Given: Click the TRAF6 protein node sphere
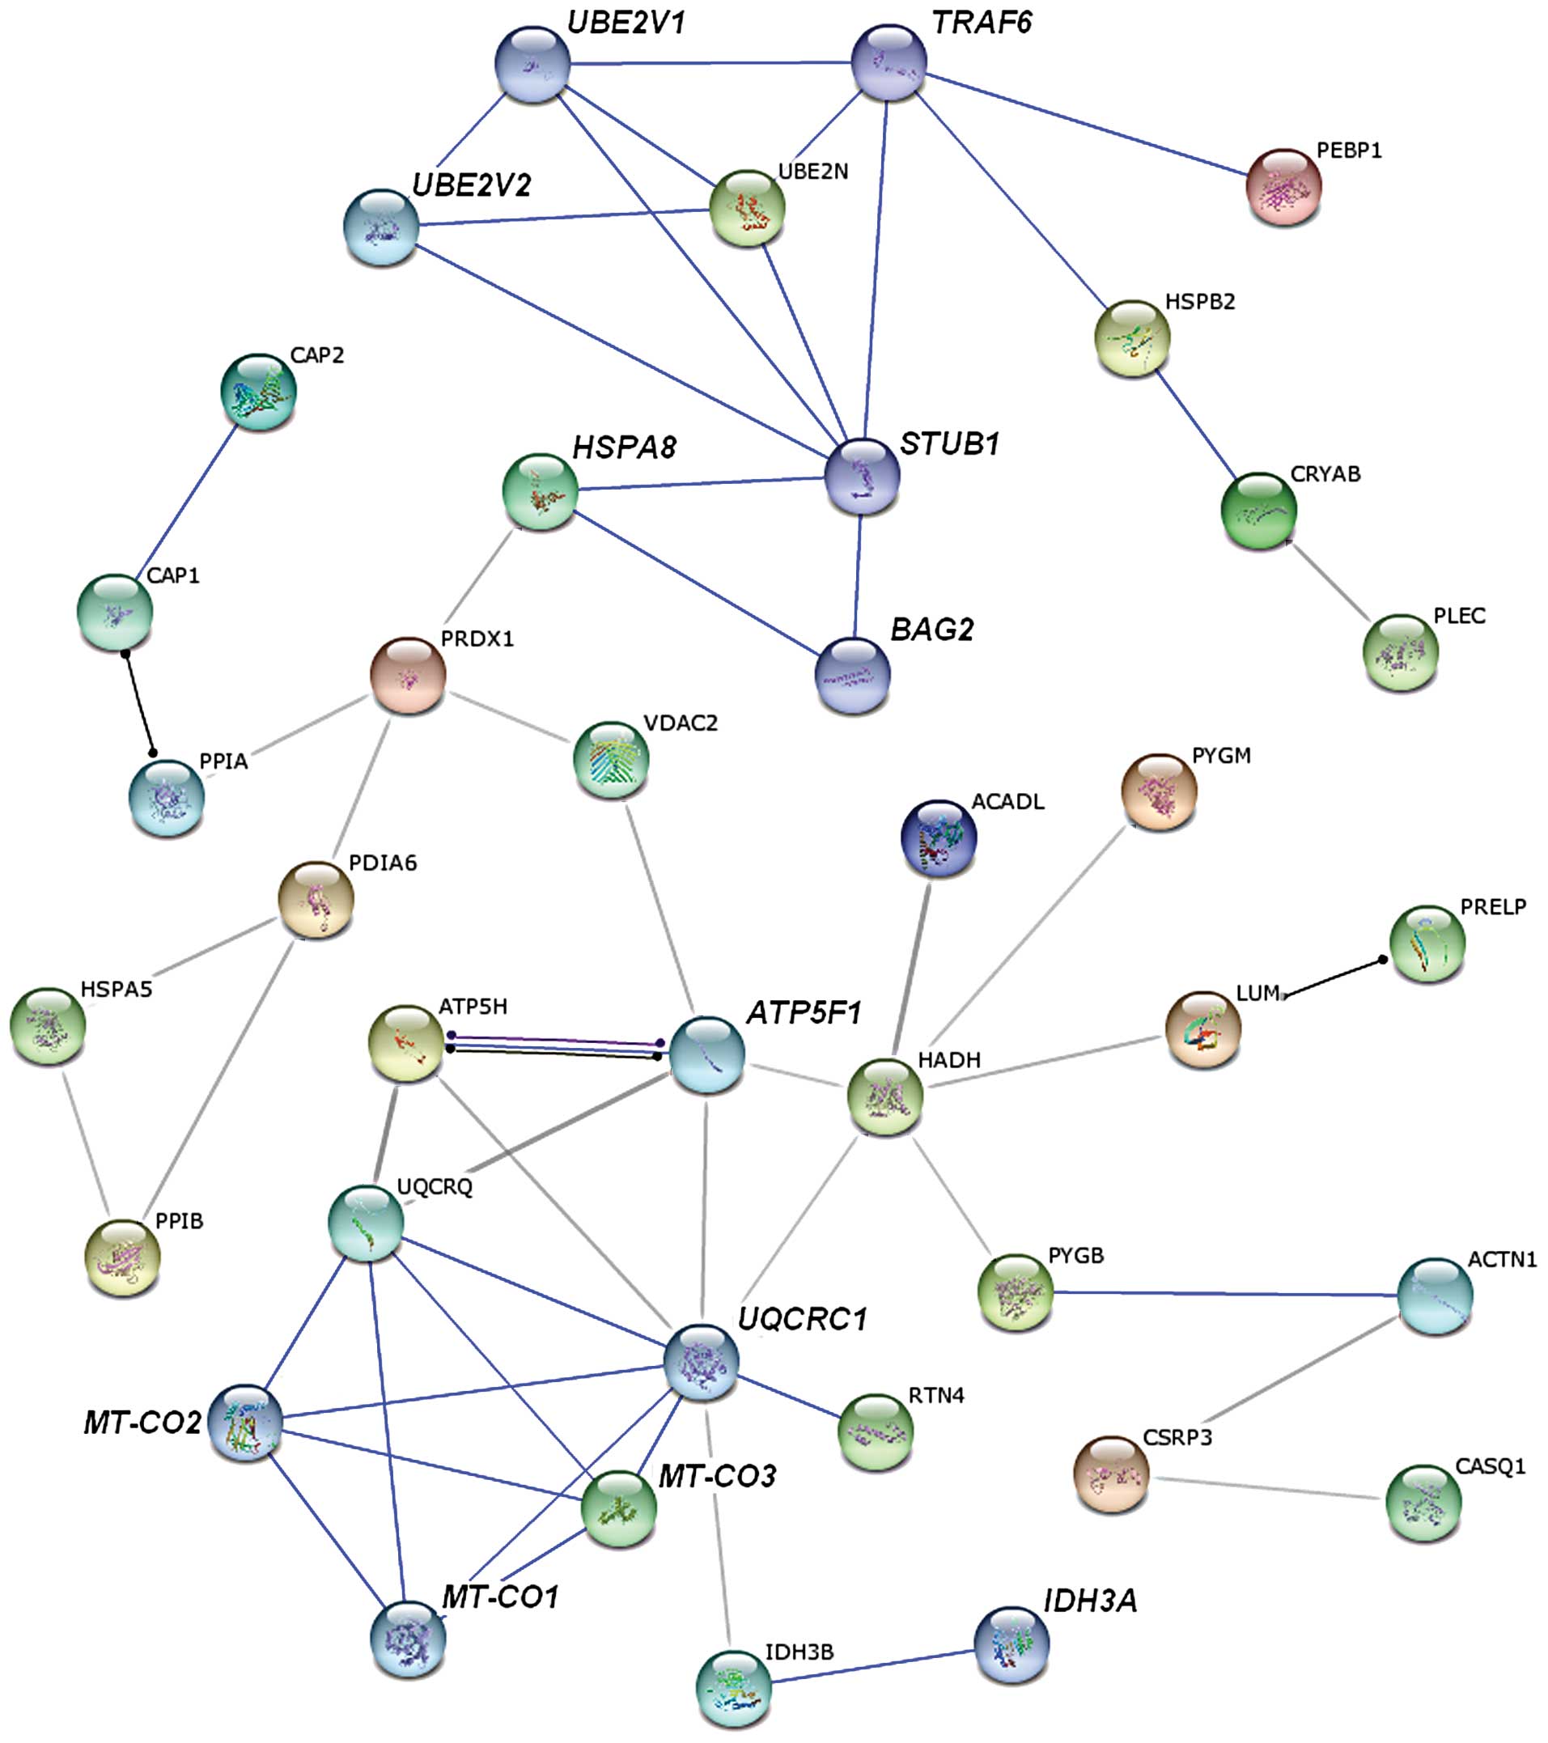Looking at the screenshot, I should (889, 62).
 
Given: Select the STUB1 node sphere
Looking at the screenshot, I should (863, 477).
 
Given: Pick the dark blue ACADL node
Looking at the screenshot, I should (938, 837).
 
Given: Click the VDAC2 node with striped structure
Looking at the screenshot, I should (611, 759).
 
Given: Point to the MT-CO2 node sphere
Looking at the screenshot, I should (244, 1423).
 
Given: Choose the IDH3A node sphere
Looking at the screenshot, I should (1012, 1645).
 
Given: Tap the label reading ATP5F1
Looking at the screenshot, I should (804, 1012).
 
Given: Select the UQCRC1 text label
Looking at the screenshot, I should (802, 1318).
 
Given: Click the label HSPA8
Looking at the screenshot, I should (625, 447).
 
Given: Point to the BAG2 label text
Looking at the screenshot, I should (932, 630).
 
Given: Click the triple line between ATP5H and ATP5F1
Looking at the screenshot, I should (554, 1046).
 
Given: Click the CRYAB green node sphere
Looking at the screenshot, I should (1259, 511).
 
